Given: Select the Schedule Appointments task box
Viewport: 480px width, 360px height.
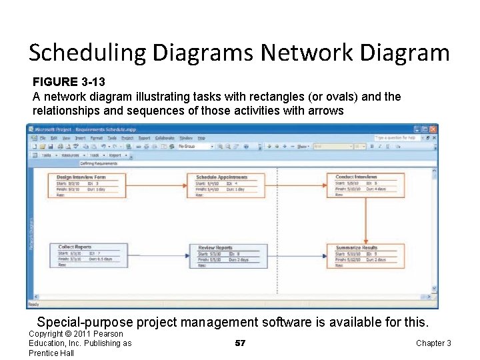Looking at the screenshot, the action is click(226, 186).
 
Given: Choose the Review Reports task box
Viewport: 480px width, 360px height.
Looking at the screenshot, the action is click(227, 256).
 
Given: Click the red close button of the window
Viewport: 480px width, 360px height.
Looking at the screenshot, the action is click(433, 129).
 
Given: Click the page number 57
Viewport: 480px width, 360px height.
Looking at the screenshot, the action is click(241, 343).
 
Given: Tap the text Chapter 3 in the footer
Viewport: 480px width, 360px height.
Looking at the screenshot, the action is click(433, 343).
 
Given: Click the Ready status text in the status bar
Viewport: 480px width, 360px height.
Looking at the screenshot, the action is click(34, 304).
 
